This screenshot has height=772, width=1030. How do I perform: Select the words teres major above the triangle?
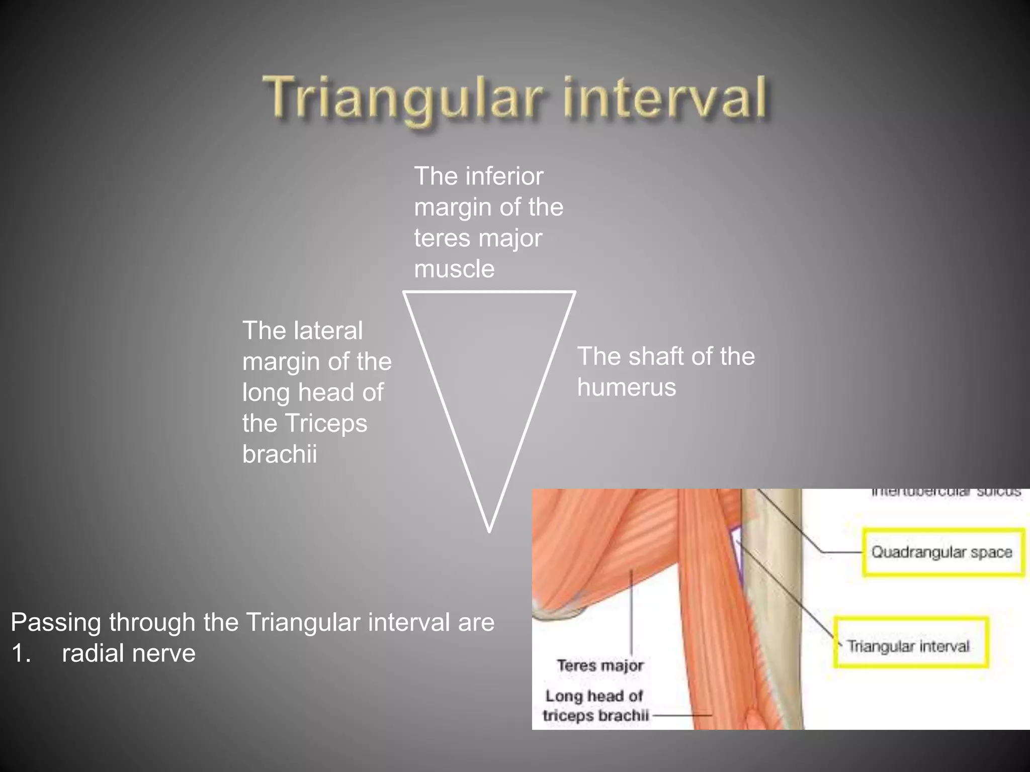point(478,238)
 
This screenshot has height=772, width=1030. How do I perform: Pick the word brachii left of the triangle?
point(280,454)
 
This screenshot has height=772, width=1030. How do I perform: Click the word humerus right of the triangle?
point(626,388)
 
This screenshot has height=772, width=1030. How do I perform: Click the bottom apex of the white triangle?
point(489,530)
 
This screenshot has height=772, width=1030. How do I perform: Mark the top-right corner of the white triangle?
point(574,293)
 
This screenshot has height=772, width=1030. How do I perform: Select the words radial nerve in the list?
point(128,653)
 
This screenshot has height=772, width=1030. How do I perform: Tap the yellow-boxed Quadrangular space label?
point(942,552)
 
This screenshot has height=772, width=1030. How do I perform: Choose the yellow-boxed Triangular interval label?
point(908,646)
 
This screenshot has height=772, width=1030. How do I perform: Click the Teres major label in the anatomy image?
point(600,665)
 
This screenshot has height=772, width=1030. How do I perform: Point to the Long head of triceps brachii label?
point(595,706)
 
